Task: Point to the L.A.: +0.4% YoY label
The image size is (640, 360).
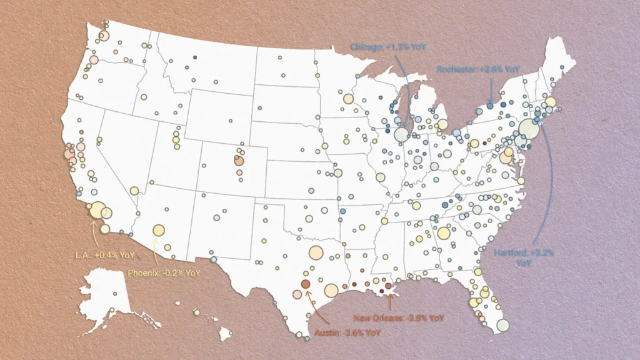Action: (101, 254)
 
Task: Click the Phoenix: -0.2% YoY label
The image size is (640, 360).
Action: (164, 273)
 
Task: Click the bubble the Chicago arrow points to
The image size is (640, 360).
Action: (401, 134)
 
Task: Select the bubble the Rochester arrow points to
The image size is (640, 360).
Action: (490, 106)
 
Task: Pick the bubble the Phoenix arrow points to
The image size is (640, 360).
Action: (158, 231)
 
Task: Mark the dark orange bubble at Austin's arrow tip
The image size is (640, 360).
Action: (305, 284)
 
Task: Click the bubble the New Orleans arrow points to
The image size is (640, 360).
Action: (389, 286)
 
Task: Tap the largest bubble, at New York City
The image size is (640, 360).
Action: (528, 129)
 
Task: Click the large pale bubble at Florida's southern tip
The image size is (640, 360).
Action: (503, 324)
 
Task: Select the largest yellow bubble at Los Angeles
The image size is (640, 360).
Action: (97, 210)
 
